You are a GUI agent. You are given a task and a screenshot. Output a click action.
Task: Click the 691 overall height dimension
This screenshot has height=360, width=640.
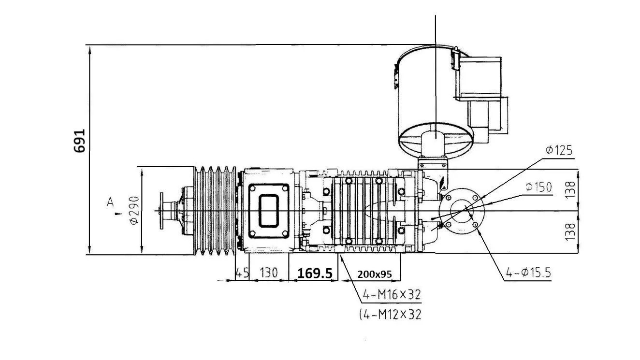tap(79, 141)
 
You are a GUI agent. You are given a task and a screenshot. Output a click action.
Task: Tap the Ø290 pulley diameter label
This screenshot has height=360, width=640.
tap(134, 210)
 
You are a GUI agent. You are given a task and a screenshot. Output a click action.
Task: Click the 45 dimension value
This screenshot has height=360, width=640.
tap(242, 273)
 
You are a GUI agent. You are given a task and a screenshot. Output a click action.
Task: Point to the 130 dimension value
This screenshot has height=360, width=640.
tap(268, 273)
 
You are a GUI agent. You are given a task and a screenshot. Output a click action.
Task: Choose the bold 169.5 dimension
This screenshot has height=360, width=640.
tap(315, 274)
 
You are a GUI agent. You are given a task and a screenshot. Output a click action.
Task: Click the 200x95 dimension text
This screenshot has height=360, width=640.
tap(374, 274)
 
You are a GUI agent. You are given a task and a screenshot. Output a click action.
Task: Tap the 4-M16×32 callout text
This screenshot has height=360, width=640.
tap(392, 294)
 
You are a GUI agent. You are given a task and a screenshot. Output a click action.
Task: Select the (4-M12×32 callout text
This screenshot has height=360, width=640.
tap(390, 315)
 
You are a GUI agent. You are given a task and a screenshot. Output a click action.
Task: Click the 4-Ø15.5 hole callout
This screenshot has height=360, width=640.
tap(528, 273)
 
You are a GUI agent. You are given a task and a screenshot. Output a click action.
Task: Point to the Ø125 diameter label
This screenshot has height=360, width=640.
tap(559, 150)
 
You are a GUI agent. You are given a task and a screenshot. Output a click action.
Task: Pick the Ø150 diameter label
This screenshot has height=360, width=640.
tap(538, 187)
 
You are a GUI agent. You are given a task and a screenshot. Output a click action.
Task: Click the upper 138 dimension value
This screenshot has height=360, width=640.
tap(570, 189)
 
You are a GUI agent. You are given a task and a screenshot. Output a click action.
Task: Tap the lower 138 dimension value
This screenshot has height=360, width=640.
tap(570, 232)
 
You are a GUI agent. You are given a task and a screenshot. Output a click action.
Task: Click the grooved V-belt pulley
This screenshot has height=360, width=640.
tap(216, 211)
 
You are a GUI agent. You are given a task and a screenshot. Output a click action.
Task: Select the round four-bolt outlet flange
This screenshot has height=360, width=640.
tap(462, 211)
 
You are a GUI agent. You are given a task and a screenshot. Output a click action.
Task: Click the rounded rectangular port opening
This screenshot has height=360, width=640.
tap(269, 211)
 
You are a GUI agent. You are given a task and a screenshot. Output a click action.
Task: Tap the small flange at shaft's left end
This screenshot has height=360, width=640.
tap(161, 211)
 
